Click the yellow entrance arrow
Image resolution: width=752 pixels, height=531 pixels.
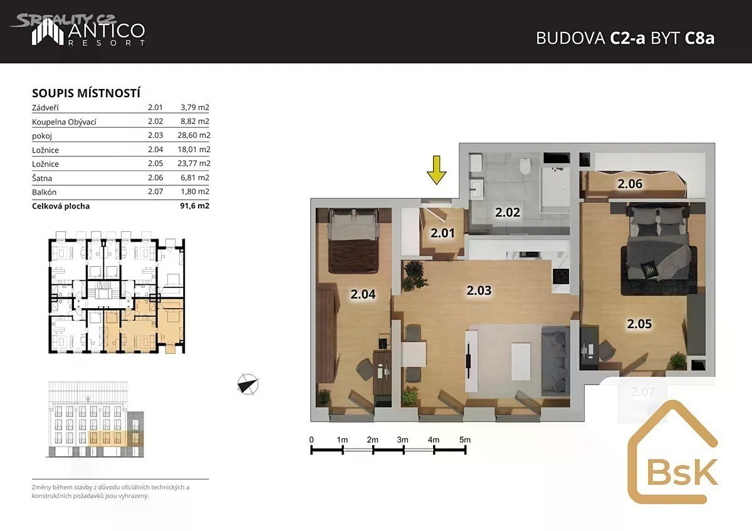[436, 170]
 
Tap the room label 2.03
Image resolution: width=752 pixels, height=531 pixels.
[479, 291]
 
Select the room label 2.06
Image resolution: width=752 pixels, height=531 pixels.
[630, 184]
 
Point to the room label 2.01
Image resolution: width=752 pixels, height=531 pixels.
[442, 233]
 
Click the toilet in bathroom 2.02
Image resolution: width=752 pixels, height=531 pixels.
[525, 166]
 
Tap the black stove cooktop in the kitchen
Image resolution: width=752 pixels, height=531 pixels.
[561, 277]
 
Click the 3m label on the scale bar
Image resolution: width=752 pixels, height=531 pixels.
[402, 440]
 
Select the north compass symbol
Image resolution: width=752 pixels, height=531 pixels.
[248, 384]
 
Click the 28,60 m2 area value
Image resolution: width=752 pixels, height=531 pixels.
[194, 135]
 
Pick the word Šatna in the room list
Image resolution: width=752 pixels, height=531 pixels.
[42, 178]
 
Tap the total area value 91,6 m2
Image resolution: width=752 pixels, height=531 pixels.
[195, 205]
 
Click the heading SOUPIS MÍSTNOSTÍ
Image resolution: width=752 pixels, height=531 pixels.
[86, 93]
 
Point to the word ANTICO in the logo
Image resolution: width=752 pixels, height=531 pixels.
[107, 31]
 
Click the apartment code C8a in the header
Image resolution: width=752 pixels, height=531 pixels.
[699, 38]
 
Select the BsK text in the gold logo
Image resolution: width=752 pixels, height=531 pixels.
[682, 472]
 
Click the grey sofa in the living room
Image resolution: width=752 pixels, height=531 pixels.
[556, 361]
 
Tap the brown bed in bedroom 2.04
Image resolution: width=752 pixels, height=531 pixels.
[353, 241]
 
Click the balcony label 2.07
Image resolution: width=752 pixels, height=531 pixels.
[642, 392]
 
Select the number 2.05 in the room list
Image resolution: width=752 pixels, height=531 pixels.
[155, 163]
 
